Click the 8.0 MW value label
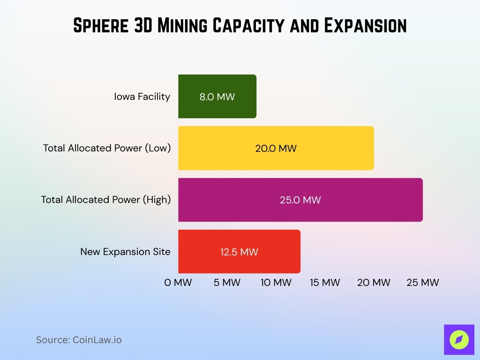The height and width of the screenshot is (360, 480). tap(217, 97)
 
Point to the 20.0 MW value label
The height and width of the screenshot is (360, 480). tap(276, 149)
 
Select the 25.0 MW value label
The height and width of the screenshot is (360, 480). tap(300, 200)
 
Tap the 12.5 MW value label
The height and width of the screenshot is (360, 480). tap(240, 252)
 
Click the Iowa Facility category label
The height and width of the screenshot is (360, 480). tap(142, 97)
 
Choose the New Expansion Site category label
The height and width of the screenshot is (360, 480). tap(125, 252)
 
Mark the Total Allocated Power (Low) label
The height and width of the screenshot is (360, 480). tap(107, 148)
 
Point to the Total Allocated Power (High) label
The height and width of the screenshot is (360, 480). tap(106, 200)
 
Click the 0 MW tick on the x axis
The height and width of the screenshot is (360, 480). tap(178, 283)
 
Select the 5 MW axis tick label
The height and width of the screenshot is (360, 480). tap(227, 283)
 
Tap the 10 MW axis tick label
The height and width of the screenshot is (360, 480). tap(276, 283)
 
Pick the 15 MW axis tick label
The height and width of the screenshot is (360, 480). tap(325, 283)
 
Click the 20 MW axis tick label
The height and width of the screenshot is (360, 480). tap(374, 283)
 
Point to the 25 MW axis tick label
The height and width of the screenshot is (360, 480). tap(422, 283)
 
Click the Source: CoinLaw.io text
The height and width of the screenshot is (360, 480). tap(79, 340)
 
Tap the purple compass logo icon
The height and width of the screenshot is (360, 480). tap(459, 339)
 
